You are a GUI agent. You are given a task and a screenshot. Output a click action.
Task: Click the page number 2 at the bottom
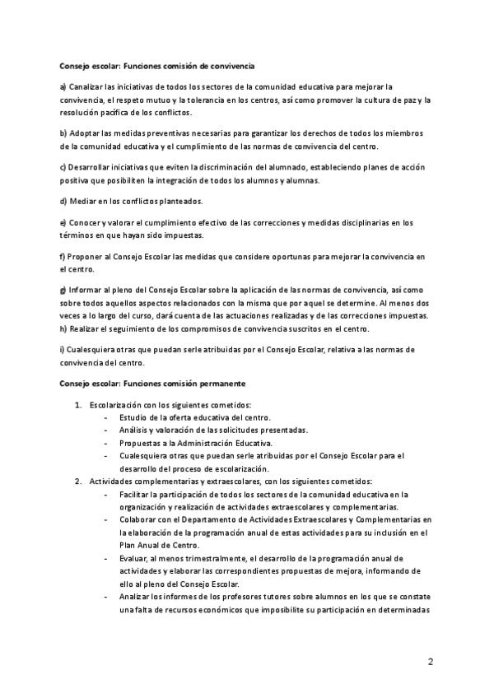coord(431,663)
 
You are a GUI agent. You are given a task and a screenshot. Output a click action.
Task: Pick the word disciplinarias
coord(351,223)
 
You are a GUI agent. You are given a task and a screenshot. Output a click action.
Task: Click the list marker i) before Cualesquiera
coord(63,350)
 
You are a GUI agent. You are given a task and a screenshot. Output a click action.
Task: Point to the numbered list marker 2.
coord(78,482)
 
